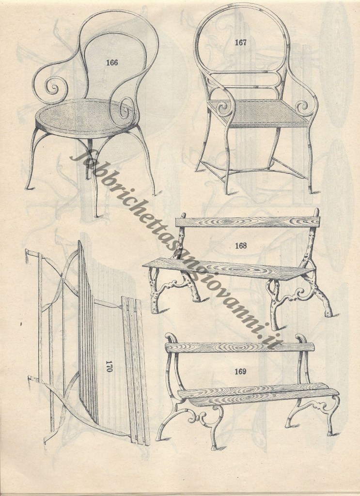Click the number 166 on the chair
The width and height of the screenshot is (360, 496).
pos(112,62)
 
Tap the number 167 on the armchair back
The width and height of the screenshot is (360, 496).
pos(240,43)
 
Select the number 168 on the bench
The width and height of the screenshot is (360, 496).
pos(241,246)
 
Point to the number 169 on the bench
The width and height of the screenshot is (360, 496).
pos(240,372)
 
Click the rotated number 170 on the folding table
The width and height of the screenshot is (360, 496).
pos(109,366)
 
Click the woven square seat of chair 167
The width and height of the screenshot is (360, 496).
pos(258,112)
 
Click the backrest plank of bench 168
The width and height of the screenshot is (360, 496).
pos(248,222)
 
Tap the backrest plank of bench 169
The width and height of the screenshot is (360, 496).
pos(240,347)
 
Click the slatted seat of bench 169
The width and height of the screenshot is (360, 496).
pos(258,394)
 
